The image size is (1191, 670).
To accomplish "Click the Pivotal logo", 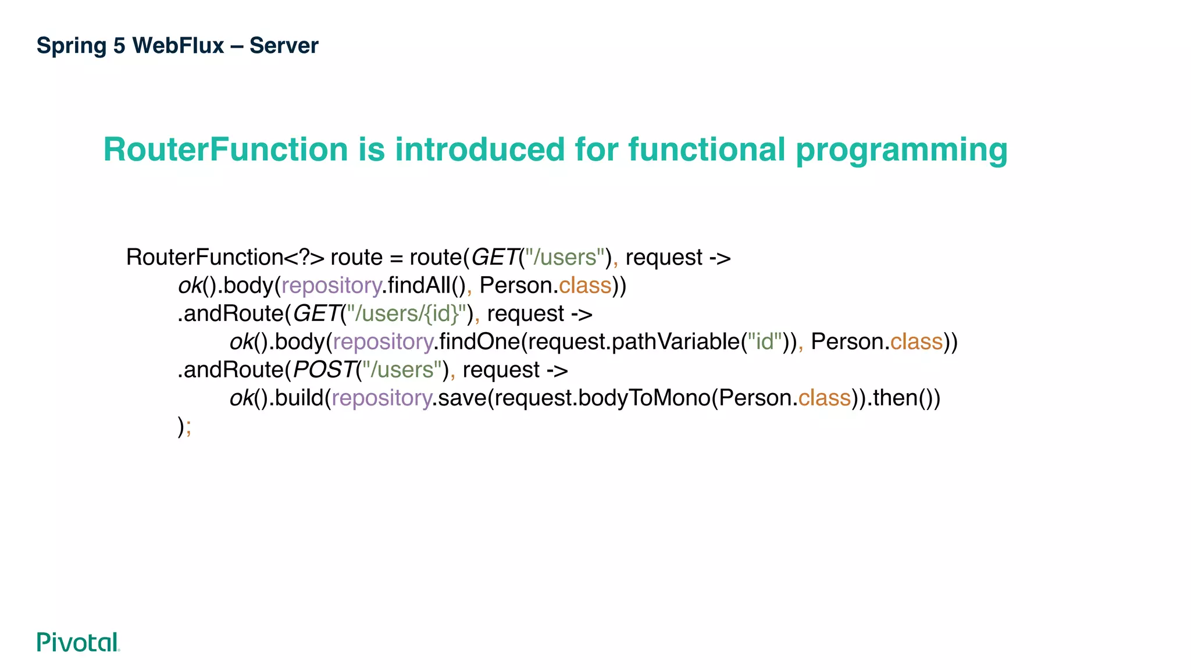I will coord(78,642).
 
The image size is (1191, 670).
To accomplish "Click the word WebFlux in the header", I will coord(178,45).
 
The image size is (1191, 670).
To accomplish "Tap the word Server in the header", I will coord(284,45).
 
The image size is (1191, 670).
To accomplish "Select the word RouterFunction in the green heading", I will coord(225,149).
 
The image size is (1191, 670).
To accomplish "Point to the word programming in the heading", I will coord(901,151).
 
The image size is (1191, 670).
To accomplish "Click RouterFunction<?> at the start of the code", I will coord(225,257).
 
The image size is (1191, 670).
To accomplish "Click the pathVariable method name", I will coord(676,342).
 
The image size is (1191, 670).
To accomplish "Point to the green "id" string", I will coord(764,342).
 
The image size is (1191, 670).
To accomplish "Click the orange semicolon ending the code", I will coord(188,427).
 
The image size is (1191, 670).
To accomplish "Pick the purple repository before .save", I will coord(381,398).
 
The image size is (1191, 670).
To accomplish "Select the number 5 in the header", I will coord(119,45).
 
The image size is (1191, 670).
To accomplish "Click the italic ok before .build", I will coord(241,398).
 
